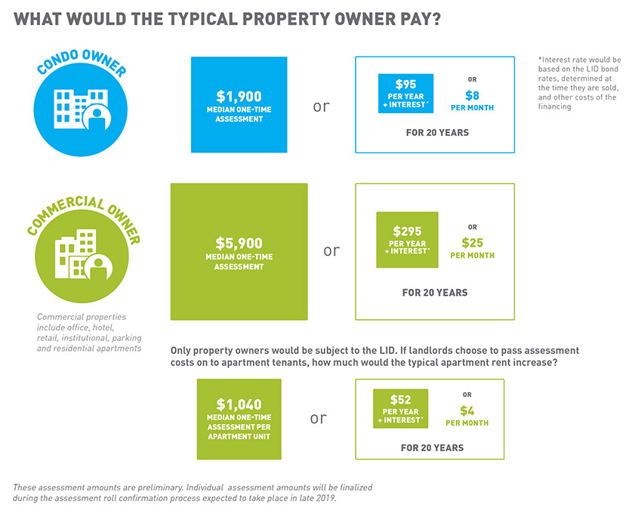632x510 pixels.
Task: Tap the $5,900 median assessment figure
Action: click(x=239, y=243)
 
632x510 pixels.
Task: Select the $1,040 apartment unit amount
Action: click(x=239, y=404)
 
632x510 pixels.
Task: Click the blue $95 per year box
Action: click(x=406, y=94)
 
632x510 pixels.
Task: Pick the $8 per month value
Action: click(x=471, y=95)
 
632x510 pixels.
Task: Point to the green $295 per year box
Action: click(x=407, y=239)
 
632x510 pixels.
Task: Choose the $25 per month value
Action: click(x=472, y=243)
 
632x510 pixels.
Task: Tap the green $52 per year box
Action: click(x=400, y=408)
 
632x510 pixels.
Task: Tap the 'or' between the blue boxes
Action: click(x=321, y=106)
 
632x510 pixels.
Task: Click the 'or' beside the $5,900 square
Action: click(x=331, y=250)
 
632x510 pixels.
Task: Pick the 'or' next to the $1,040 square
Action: click(x=318, y=418)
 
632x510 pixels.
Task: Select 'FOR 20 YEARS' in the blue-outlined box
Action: click(x=434, y=133)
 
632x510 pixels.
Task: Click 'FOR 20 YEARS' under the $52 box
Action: click(x=432, y=447)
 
